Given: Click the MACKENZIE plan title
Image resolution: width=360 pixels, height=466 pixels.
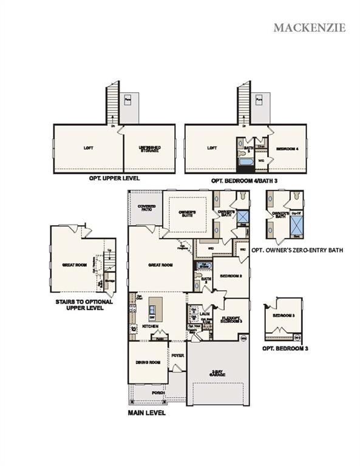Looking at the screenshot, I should [x=309, y=27].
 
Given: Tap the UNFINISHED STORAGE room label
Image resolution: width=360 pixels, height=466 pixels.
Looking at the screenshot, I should [x=149, y=149].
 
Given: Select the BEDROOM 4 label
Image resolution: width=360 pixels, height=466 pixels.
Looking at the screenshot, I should [x=287, y=149].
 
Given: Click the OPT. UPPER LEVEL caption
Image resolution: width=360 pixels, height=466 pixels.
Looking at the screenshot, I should [x=115, y=179].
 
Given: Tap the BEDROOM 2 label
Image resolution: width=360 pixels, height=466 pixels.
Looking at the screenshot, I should [x=231, y=276].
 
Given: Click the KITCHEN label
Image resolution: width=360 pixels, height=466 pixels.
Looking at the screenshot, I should [x=150, y=326].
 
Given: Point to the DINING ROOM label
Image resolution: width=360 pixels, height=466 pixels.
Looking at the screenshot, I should [x=148, y=362].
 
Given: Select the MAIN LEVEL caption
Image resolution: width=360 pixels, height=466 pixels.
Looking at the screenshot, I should [x=146, y=413].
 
